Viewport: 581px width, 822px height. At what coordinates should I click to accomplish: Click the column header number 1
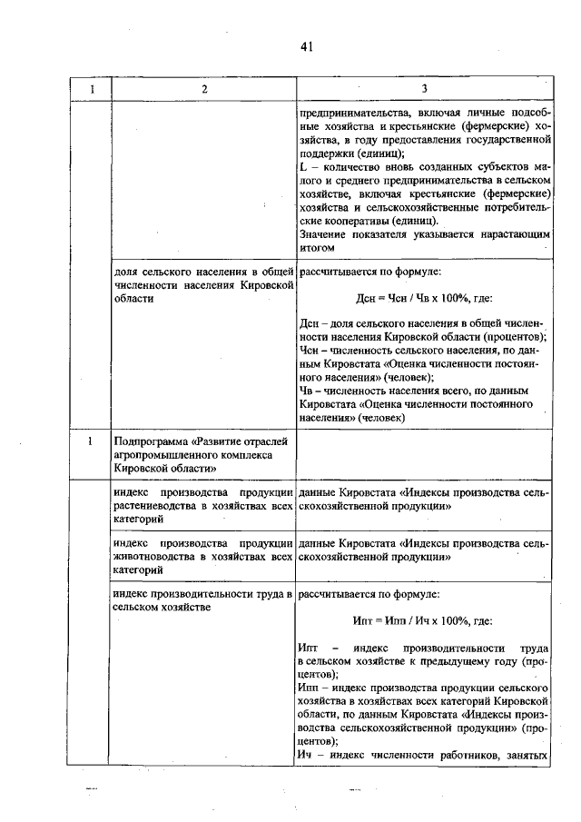pos(90,89)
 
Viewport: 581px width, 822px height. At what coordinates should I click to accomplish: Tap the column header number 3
pos(424,88)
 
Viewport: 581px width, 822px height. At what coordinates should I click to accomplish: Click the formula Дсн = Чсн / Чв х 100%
pos(423,297)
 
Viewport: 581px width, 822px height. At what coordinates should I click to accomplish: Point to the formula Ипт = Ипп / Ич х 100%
pos(422,620)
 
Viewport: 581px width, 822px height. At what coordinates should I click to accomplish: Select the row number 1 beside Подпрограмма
pos(90,441)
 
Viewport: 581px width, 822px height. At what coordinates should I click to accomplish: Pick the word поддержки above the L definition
pos(324,154)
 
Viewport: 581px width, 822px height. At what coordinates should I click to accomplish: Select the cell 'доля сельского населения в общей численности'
pos(203,284)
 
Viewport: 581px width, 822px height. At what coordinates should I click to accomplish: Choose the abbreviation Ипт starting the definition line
pos(307,648)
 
